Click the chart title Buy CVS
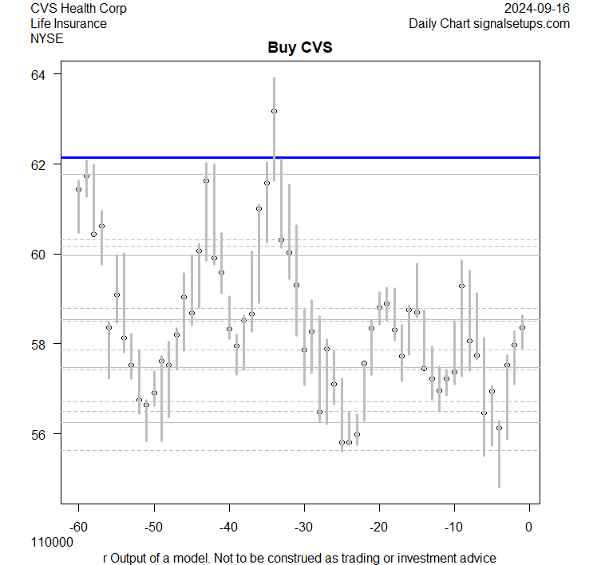tap(299, 48)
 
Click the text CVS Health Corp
tap(78, 9)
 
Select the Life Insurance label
tap(69, 23)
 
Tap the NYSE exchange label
tap(46, 38)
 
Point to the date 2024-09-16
tap(538, 9)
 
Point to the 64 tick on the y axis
tap(39, 75)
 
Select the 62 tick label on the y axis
tap(39, 164)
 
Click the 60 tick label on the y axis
tap(39, 255)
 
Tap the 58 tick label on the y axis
tap(39, 344)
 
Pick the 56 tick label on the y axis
tap(39, 434)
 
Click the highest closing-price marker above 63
tap(274, 111)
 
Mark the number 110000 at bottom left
tap(52, 543)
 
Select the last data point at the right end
tap(522, 327)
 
